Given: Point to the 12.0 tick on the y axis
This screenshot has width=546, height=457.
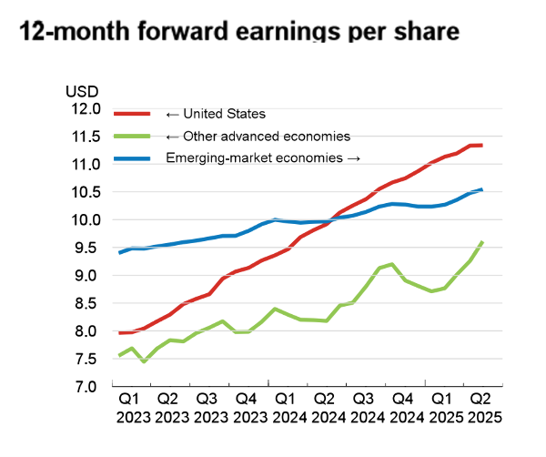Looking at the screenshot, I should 85,109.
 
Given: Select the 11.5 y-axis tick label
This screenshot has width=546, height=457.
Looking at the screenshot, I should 85,137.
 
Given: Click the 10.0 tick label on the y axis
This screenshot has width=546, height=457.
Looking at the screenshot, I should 85,219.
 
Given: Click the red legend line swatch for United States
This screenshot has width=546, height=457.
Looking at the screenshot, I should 136,115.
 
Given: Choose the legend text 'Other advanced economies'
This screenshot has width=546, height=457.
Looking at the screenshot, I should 259,137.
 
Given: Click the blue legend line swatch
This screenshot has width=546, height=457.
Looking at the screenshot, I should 136,158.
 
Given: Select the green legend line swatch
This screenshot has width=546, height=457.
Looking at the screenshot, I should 136,137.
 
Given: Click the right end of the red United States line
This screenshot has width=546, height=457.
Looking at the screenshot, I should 481,146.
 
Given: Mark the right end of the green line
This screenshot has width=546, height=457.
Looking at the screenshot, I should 481,242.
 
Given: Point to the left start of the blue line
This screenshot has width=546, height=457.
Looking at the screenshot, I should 120,252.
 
